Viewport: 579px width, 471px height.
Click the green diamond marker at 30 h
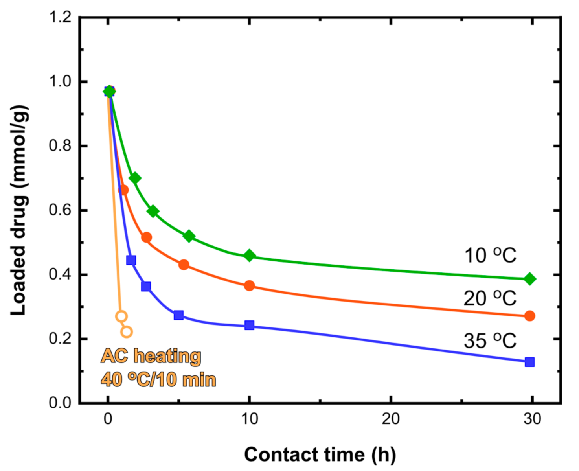529,279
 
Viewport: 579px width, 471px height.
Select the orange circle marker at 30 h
529,316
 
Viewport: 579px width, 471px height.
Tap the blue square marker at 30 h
529,362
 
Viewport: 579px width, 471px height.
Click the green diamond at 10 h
249,256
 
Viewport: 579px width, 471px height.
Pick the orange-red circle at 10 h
249,285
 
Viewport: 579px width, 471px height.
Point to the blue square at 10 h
249,325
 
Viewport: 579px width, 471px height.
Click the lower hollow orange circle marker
127,332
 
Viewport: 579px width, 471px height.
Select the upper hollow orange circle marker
121,316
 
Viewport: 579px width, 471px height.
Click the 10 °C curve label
490,256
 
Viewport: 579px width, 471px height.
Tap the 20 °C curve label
490,298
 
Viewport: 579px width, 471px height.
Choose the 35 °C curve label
490,341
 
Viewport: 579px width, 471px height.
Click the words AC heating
151,356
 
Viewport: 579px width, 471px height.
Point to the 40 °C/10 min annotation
158,379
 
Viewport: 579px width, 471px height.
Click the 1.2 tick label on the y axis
60,17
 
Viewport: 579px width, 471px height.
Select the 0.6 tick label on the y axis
60,210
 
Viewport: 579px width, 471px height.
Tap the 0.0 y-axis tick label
60,403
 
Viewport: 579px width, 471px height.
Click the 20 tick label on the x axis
390,419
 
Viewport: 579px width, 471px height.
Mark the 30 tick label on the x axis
532,419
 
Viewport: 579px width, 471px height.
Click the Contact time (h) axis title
320,454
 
